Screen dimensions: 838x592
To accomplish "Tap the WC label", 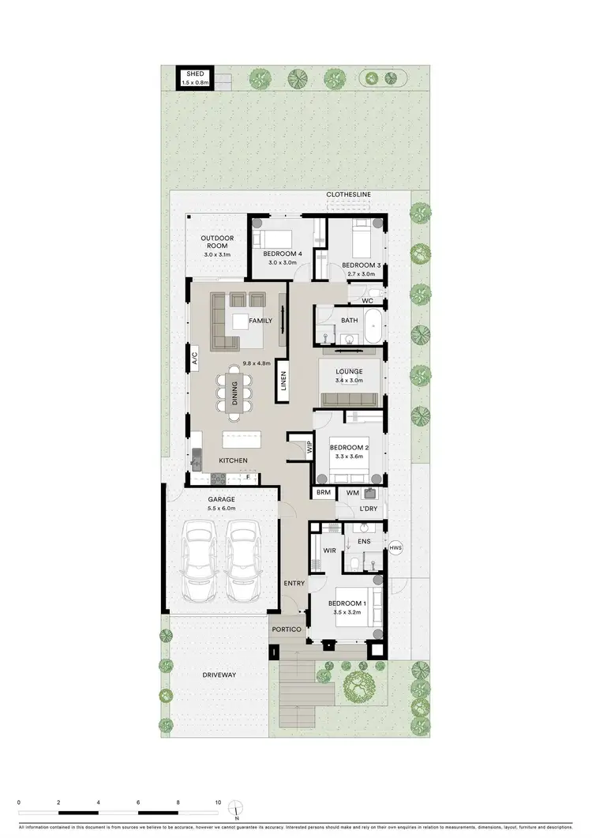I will (x=367, y=301).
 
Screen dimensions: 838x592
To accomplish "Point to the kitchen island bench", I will (x=245, y=439).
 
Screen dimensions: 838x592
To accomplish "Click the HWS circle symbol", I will (x=395, y=547).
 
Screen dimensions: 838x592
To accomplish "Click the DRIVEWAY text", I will (x=219, y=675).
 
